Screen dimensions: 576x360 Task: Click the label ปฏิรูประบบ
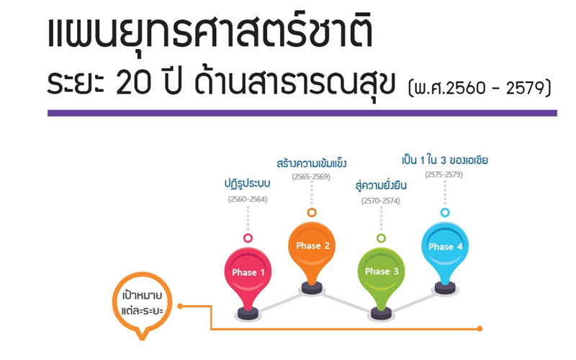247,184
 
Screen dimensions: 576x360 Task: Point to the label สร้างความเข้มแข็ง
312,163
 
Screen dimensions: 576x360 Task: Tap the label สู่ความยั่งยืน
381,185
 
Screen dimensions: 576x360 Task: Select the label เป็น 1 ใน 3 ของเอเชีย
444,161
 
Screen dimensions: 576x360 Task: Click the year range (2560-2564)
248,199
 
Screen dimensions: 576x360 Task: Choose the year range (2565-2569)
311,176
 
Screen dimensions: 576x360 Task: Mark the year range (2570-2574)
381,201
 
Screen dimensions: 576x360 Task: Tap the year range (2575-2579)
444,174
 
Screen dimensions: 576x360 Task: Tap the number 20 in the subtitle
133,82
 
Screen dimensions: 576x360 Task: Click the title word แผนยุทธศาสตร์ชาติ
210,32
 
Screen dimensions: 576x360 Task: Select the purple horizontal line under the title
302,113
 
